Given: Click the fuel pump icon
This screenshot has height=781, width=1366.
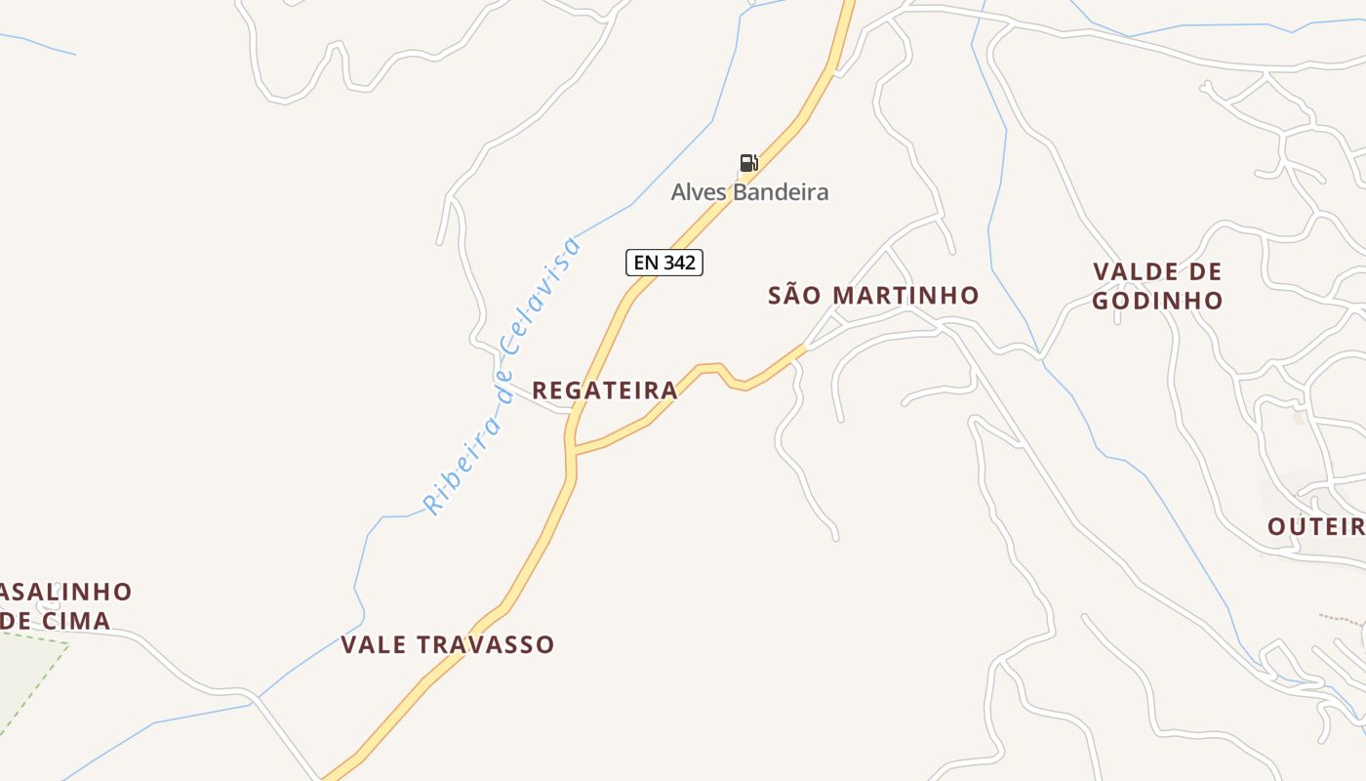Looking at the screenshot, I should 748,163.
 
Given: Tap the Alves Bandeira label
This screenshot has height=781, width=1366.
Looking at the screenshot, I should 749,192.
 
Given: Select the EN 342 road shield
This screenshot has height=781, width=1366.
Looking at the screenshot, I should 664,263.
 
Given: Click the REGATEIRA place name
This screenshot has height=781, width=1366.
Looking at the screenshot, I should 605,390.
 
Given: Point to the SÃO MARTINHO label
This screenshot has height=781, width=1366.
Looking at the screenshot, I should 873,296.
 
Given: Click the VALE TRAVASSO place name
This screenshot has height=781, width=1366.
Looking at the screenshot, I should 448,645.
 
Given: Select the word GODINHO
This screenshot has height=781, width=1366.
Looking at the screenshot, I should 1157,301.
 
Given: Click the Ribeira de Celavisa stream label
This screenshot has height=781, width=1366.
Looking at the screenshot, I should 502,377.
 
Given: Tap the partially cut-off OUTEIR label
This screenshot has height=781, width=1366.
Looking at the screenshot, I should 1316,527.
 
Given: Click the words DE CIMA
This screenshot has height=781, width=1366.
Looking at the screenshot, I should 56,621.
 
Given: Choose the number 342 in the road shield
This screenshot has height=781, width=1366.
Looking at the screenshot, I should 679,263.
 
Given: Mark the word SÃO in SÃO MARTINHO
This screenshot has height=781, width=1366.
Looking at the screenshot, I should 791,296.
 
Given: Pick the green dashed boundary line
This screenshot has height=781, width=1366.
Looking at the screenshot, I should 39,683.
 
